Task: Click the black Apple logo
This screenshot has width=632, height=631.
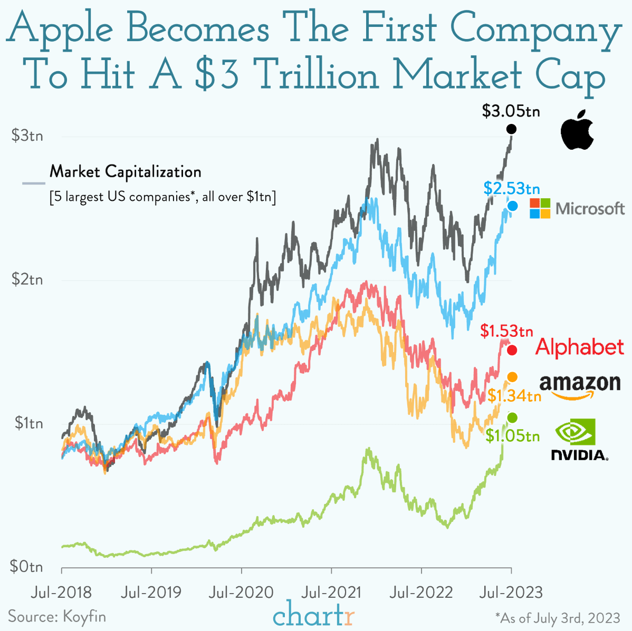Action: pos(577,130)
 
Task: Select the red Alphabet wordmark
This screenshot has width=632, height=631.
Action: pos(580,347)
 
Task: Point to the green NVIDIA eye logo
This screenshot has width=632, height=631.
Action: pos(576,432)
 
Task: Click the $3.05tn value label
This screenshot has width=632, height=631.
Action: pos(511,111)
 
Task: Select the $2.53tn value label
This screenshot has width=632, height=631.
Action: pos(511,188)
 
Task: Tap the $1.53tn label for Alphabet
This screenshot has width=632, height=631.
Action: pos(506,331)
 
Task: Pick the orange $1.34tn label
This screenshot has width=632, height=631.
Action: pos(514,395)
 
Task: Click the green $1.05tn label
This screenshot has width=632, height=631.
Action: pos(512,435)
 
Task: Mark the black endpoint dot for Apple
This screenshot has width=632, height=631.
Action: pos(511,129)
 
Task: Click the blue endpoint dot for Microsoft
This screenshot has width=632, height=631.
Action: pos(512,206)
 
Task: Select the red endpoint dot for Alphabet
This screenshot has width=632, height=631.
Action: pos(511,351)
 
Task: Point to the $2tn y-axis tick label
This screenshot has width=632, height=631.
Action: pos(27,279)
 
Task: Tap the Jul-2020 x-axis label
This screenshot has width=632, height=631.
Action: pos(241,592)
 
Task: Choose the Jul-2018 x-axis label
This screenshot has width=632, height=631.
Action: pos(61,592)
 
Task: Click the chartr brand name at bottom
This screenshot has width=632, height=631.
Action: pos(314,615)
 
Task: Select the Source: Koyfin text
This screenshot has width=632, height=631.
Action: pos(57,616)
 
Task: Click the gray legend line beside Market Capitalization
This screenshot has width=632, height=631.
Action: pos(33,183)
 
